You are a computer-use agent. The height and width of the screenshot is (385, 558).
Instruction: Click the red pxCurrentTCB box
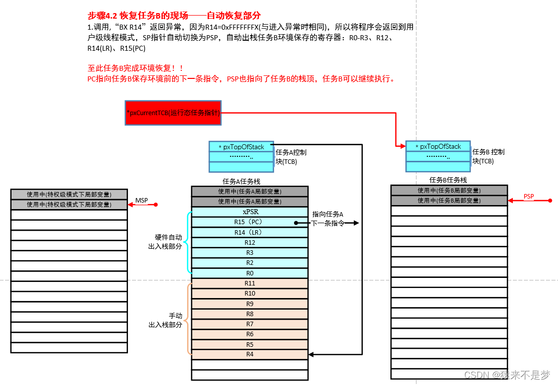pos(173,113)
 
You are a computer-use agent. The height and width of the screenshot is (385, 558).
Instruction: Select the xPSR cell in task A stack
pos(249,212)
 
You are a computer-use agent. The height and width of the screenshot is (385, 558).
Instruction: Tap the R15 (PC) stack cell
pos(249,222)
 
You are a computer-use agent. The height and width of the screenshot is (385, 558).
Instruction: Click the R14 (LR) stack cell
pos(249,232)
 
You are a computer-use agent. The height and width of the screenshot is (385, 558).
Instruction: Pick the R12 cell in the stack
pos(249,243)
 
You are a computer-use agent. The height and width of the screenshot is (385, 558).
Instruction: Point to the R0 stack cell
pos(249,273)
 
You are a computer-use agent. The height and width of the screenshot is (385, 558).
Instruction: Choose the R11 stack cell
pos(249,283)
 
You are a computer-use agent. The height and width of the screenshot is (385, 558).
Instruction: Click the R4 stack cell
pos(249,354)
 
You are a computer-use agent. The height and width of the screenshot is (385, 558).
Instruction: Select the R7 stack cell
pos(249,324)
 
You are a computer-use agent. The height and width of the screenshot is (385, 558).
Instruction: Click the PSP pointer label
pos(529,197)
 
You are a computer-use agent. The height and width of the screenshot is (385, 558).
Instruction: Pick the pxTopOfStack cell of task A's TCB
pos(241,147)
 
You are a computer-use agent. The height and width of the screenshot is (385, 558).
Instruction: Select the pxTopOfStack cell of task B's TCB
pos(438,146)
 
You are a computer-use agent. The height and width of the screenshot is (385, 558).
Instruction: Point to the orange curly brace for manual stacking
pos(189,319)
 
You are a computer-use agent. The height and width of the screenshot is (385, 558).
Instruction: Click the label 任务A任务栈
pos(241,181)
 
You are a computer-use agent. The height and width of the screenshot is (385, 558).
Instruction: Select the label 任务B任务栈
pos(448,180)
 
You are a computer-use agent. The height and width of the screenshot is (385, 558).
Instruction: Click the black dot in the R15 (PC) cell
pos(297,222)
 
